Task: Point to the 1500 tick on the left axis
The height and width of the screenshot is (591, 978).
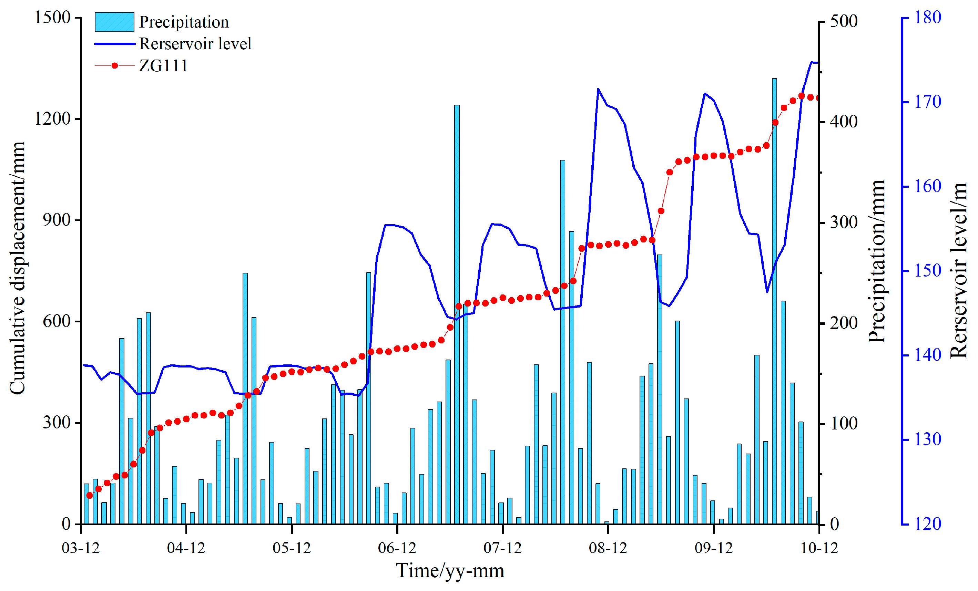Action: pyautogui.click(x=52, y=18)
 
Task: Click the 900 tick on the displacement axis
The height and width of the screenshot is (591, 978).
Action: pyautogui.click(x=57, y=220)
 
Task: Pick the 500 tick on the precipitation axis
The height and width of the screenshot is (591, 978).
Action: pyautogui.click(x=844, y=21)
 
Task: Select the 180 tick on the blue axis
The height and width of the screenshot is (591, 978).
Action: pyautogui.click(x=928, y=18)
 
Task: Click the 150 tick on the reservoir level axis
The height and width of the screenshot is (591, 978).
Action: pyautogui.click(x=928, y=271)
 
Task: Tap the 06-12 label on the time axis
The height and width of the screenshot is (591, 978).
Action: pyautogui.click(x=397, y=548)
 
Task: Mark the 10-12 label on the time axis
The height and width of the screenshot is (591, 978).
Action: pyautogui.click(x=819, y=548)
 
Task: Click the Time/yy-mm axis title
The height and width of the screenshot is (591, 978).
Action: pyautogui.click(x=450, y=571)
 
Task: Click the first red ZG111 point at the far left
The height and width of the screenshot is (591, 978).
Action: pyautogui.click(x=89, y=495)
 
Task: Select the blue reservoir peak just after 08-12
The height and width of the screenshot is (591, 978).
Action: pyautogui.click(x=598, y=89)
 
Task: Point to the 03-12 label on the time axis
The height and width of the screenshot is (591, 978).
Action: pyautogui.click(x=81, y=548)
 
